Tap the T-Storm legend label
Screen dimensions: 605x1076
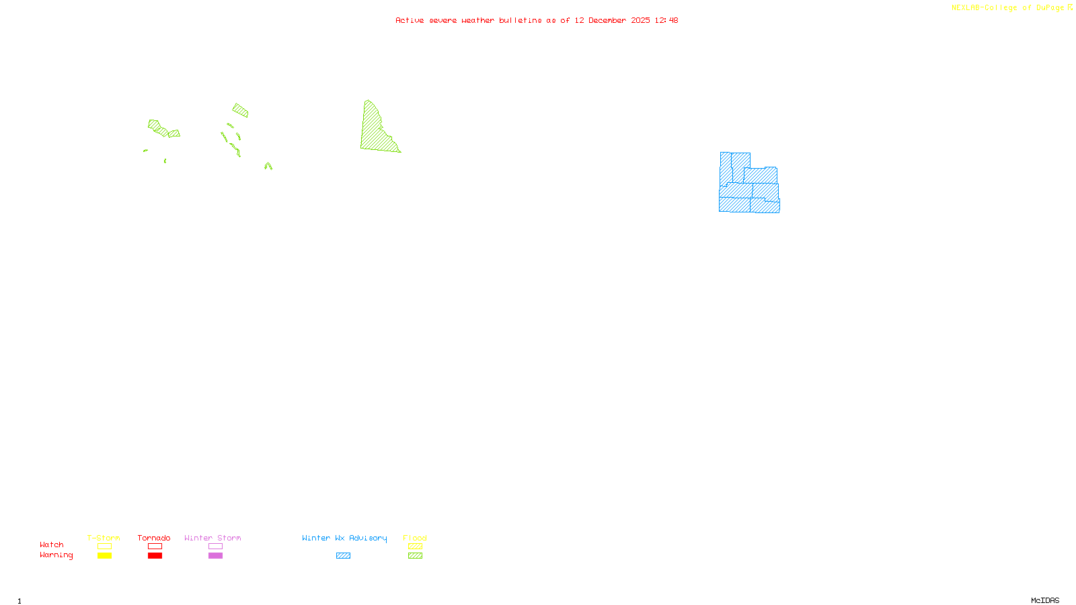[x=104, y=538]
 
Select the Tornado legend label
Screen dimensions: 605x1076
[x=154, y=538]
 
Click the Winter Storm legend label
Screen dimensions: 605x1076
[x=213, y=538]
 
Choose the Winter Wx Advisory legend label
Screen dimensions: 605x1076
[x=344, y=538]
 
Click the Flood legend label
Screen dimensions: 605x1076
[x=415, y=538]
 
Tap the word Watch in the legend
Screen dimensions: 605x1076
[x=52, y=544]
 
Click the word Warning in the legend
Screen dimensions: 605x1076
[x=56, y=555]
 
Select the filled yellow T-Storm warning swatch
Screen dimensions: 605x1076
[x=104, y=556]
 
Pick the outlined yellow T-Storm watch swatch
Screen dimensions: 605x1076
[x=104, y=547]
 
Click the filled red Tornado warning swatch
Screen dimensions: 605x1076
[x=155, y=556]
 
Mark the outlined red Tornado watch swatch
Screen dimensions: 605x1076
[x=155, y=547]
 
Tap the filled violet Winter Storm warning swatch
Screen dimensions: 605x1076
[x=215, y=556]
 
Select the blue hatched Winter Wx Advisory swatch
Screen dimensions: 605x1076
[x=343, y=556]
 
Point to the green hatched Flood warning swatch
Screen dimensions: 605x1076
[x=415, y=556]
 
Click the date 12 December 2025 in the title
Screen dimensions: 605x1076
[x=612, y=21]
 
